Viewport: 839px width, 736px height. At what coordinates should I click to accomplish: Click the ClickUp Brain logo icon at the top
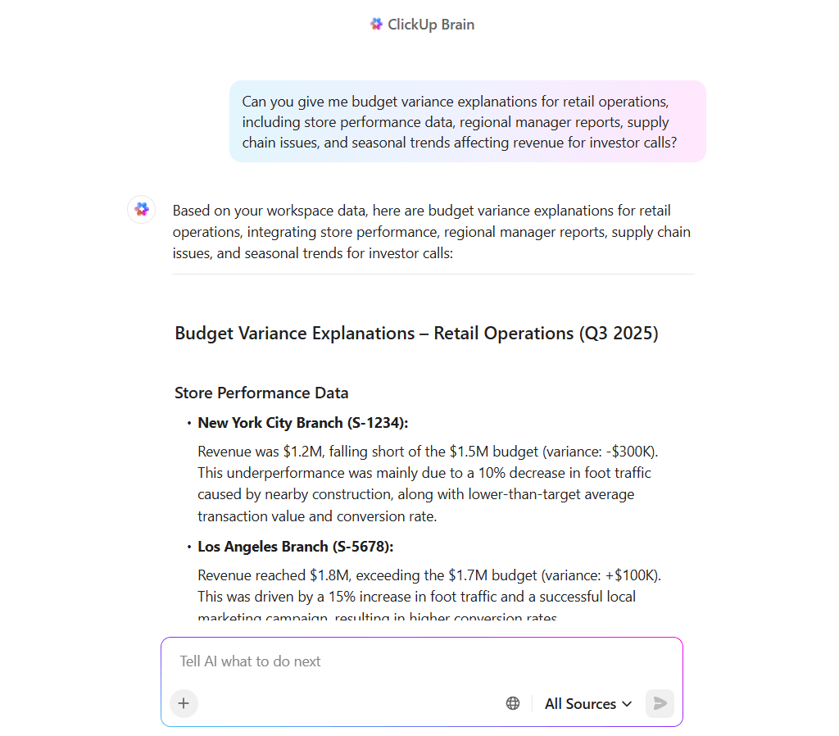tap(376, 25)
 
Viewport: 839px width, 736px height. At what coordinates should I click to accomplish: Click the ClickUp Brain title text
tap(431, 25)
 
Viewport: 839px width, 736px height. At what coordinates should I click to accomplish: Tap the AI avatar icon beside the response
tap(142, 210)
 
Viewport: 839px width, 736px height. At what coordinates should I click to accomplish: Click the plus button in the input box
tap(184, 703)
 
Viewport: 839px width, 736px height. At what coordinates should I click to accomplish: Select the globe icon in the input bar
tap(513, 703)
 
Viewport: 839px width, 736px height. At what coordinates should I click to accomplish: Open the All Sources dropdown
tap(588, 703)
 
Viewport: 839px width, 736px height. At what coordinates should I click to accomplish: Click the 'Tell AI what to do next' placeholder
tap(251, 661)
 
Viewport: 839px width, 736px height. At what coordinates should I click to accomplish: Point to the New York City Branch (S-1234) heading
tap(303, 423)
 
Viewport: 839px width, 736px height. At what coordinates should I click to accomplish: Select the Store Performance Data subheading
tap(261, 393)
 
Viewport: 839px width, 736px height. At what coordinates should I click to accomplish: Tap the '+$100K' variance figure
tap(637, 575)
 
